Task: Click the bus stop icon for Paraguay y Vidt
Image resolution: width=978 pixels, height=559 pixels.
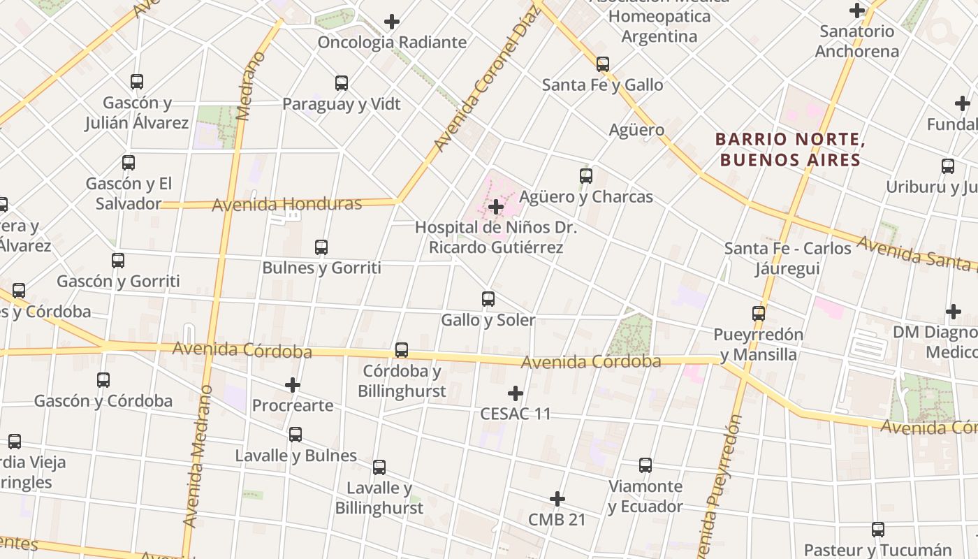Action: pyautogui.click(x=342, y=83)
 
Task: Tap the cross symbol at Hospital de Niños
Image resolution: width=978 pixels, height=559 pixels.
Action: pyautogui.click(x=496, y=207)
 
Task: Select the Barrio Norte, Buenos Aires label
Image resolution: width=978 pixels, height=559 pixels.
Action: pyautogui.click(x=790, y=150)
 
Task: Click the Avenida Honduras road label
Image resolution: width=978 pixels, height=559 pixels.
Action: pyautogui.click(x=286, y=205)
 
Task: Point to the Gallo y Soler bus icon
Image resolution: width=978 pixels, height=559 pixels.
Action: pyautogui.click(x=488, y=299)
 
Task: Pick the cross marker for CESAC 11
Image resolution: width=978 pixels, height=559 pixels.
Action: pyautogui.click(x=516, y=393)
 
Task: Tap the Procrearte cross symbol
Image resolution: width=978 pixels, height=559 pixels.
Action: pyautogui.click(x=293, y=385)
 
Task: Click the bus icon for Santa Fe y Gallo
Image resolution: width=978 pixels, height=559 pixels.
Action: pyautogui.click(x=603, y=64)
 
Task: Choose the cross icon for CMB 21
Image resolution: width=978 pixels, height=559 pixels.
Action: pyautogui.click(x=557, y=499)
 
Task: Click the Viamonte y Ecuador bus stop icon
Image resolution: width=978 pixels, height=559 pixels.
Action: pyautogui.click(x=645, y=465)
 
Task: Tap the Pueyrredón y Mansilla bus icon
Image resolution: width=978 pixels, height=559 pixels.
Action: pyautogui.click(x=759, y=314)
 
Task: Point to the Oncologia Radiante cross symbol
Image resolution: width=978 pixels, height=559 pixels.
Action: pyautogui.click(x=392, y=22)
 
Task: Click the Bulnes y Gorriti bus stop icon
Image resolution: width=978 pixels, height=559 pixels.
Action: pyautogui.click(x=321, y=247)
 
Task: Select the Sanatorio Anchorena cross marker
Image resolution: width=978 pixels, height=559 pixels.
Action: pyautogui.click(x=857, y=10)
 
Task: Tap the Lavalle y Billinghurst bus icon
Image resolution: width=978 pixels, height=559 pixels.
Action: pyautogui.click(x=379, y=467)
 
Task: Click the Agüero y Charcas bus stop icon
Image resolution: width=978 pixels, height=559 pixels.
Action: pyautogui.click(x=586, y=176)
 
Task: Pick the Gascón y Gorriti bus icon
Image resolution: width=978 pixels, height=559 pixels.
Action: pyautogui.click(x=118, y=261)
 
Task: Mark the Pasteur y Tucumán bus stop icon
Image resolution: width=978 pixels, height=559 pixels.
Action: pyautogui.click(x=878, y=530)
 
